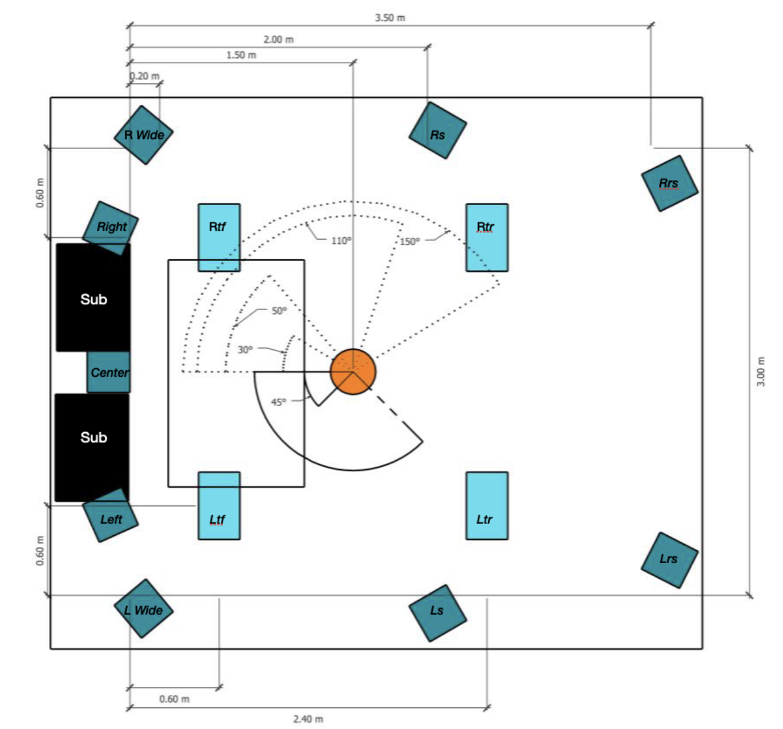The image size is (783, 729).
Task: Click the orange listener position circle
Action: point(352,371)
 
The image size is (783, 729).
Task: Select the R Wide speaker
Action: point(143,135)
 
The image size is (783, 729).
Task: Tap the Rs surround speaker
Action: point(437,131)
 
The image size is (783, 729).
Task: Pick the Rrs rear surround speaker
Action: point(669,183)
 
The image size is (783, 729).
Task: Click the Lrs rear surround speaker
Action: point(669,559)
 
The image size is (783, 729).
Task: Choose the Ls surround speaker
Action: point(437,612)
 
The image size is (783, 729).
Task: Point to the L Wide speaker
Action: point(143,609)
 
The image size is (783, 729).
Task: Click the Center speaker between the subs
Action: point(109,373)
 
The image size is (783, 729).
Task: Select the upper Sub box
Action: point(93,298)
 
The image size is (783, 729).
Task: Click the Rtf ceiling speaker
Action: point(219,237)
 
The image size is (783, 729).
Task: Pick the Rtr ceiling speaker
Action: point(487,237)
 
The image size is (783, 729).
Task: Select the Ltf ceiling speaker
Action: point(219,505)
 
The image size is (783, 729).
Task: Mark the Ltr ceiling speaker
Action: point(487,505)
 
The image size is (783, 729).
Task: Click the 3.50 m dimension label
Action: point(390,18)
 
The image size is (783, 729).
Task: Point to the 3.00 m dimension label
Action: point(761,371)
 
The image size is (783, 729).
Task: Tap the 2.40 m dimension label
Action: point(308,719)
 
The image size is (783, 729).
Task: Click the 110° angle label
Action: point(341,241)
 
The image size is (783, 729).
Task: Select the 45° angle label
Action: point(279,402)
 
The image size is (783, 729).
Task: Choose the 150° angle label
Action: point(409,242)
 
